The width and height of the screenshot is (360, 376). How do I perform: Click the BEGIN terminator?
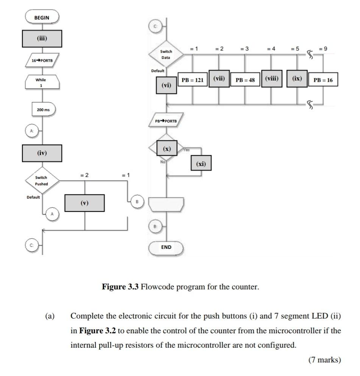(x=42, y=17)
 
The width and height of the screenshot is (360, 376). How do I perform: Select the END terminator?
(x=166, y=247)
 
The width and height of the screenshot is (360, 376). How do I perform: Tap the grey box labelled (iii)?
(x=42, y=38)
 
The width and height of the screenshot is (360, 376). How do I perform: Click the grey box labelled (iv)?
(x=42, y=153)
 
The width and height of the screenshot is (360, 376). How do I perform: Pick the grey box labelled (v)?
(x=84, y=203)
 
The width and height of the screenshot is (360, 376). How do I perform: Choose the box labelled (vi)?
(x=166, y=85)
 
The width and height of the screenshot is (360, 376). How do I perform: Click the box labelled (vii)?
(x=219, y=79)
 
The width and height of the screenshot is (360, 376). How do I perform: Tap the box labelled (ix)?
(x=297, y=79)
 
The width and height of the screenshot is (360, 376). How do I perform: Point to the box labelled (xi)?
(x=201, y=164)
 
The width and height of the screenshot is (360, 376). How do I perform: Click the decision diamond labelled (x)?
(x=167, y=149)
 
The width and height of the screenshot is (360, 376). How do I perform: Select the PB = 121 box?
(x=193, y=80)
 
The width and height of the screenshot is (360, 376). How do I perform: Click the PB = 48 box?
(x=245, y=80)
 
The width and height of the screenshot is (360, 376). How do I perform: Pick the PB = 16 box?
(x=323, y=80)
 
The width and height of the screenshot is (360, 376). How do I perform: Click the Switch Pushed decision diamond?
(x=42, y=180)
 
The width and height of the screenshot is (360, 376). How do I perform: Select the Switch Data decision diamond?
(x=166, y=54)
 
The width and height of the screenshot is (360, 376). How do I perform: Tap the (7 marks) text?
(x=324, y=360)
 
